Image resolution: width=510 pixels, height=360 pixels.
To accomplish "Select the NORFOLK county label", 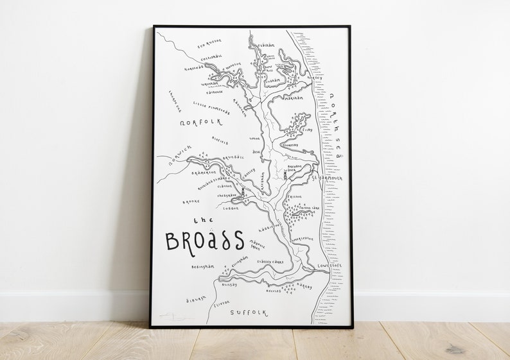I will click(x=201, y=121).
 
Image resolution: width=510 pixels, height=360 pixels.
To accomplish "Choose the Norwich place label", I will click(x=172, y=157).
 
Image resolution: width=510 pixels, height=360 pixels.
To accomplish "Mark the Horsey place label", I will click(x=315, y=78).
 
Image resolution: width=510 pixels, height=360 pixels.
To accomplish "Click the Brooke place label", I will click(x=191, y=201).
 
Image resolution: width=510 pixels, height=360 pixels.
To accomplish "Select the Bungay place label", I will click(x=230, y=284).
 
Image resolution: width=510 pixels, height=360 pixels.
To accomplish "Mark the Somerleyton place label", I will click(x=301, y=239).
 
